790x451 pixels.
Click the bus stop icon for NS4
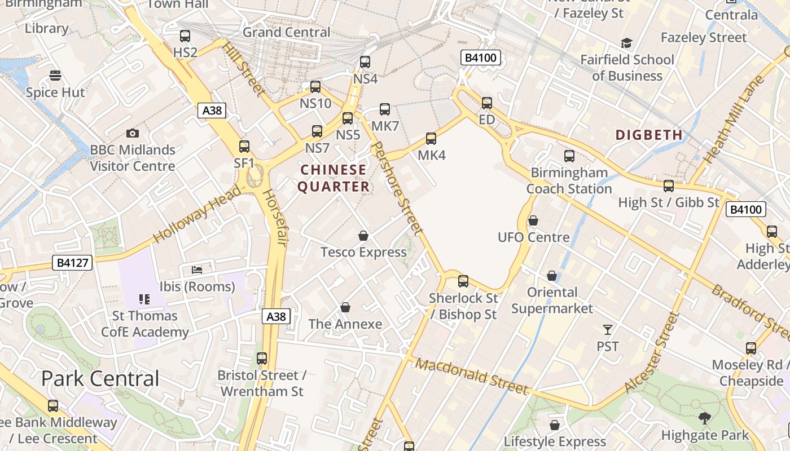[x=365, y=62]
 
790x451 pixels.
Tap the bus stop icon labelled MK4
[x=431, y=138]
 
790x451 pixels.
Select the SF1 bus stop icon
[x=244, y=147]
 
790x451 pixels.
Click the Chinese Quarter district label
[x=333, y=178]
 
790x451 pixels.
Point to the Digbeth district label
[x=649, y=135]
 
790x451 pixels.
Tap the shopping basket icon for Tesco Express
[x=363, y=236]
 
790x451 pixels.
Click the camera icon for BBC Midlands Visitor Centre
[x=133, y=134]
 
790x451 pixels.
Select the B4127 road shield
[x=73, y=262]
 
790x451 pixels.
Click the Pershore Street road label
[x=398, y=188]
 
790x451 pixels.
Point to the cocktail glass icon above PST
[x=608, y=330]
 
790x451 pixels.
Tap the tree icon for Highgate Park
[x=704, y=418]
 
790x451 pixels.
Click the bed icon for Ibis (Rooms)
[x=197, y=270]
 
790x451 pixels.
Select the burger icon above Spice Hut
[x=55, y=76]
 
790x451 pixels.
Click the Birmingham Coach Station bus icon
[x=569, y=156]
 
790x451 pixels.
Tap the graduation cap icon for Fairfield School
[x=626, y=43]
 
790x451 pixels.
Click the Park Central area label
[x=100, y=378]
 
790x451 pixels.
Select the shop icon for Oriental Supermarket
[x=552, y=276]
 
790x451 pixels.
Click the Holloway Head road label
[x=197, y=214]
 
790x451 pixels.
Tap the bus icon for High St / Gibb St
[x=669, y=185]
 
